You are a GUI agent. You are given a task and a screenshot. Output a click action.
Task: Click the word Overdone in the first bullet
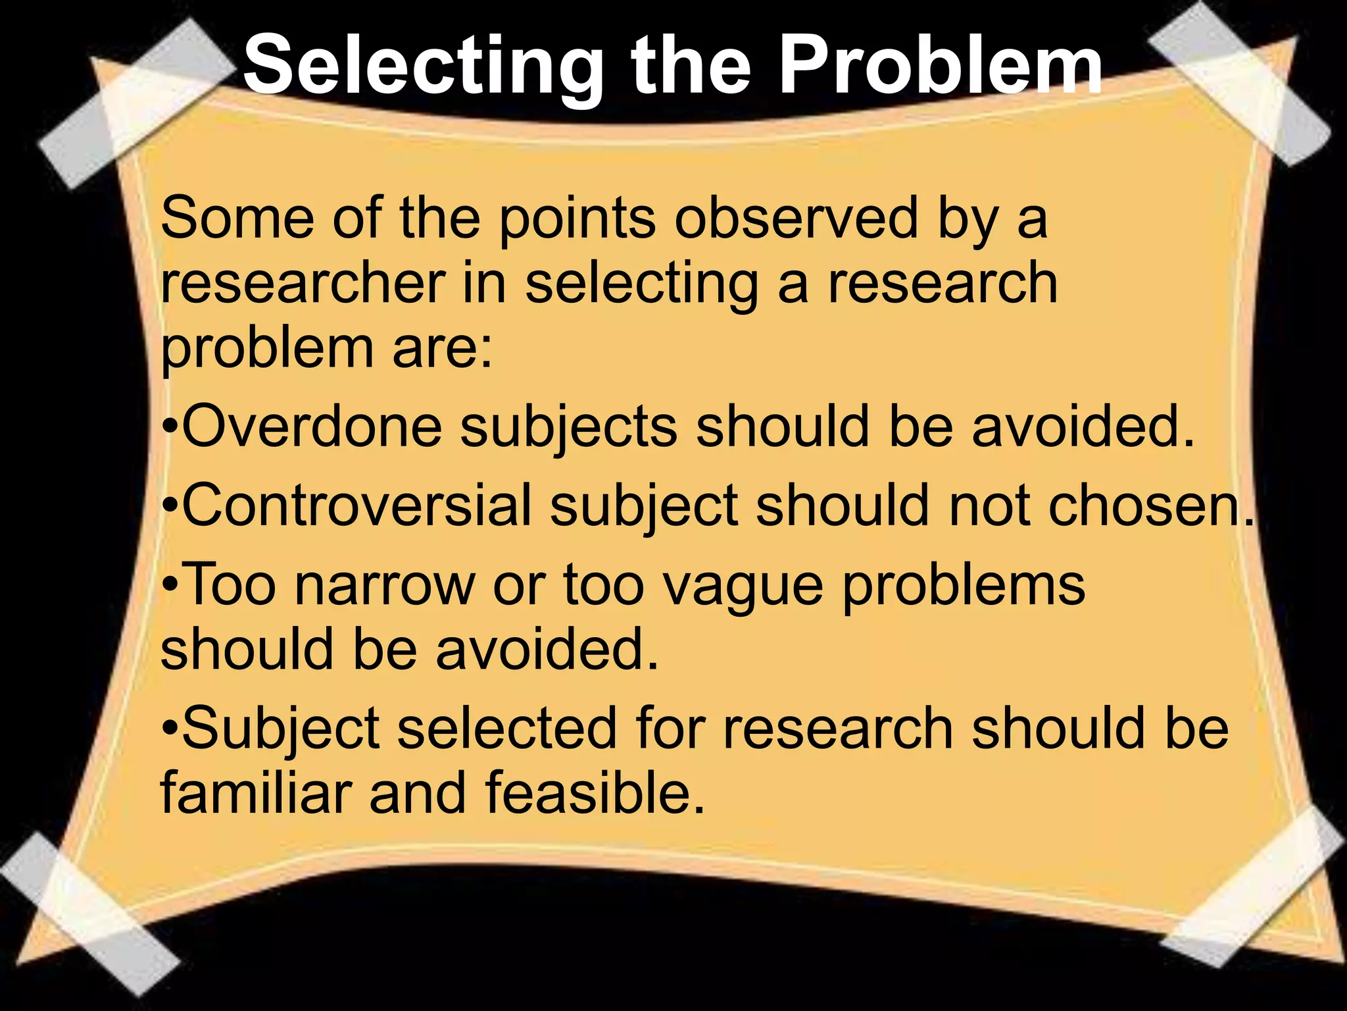pyautogui.click(x=312, y=427)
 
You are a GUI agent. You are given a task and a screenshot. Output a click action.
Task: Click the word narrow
pyautogui.click(x=384, y=584)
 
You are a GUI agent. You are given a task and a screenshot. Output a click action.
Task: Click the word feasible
pyautogui.click(x=595, y=792)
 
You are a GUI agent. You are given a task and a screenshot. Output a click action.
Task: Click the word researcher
pyautogui.click(x=303, y=283)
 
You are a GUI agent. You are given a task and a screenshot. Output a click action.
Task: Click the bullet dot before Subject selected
pyautogui.click(x=169, y=729)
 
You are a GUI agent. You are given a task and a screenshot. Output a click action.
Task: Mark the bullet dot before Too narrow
pyautogui.click(x=169, y=585)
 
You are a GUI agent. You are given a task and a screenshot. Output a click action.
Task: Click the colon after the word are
pyautogui.click(x=485, y=350)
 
